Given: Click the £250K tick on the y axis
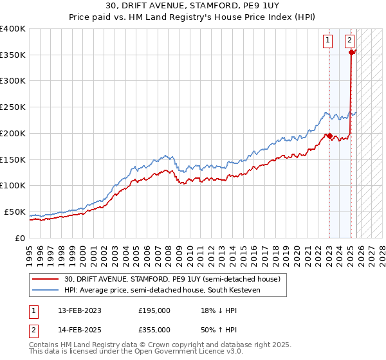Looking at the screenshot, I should [13, 107].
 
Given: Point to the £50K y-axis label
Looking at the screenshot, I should [15, 212].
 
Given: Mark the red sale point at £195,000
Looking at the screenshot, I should [329, 136].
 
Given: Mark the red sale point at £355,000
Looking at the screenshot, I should [351, 52].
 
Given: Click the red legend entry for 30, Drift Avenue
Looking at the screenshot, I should [172, 280].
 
